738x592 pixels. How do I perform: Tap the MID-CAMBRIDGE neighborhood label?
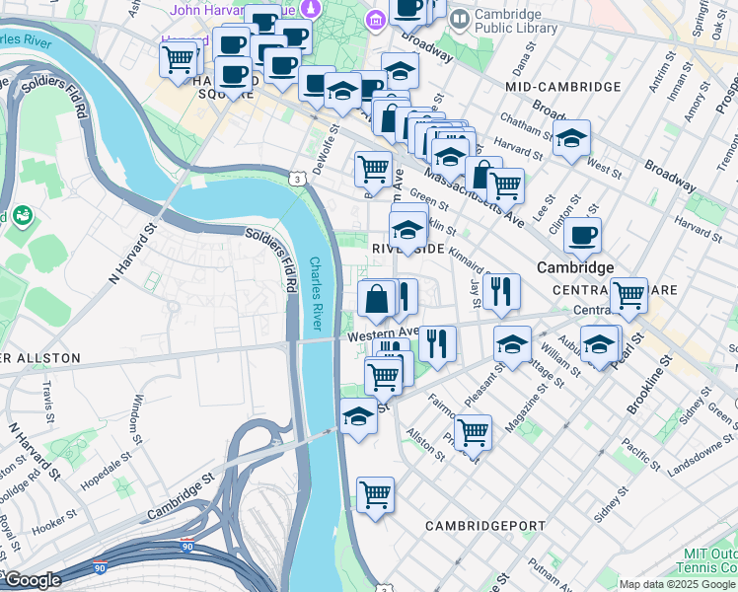coord(553,87)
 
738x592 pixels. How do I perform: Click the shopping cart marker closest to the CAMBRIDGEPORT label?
coord(375,495)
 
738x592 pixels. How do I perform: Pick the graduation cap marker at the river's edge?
coord(358,417)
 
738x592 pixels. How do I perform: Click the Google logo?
coord(32,580)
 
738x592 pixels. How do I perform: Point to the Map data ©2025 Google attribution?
coord(676,584)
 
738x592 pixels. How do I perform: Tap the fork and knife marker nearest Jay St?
coord(502,292)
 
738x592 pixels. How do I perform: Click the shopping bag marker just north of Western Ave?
coord(377,299)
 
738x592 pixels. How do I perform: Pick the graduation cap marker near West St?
coord(570,139)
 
